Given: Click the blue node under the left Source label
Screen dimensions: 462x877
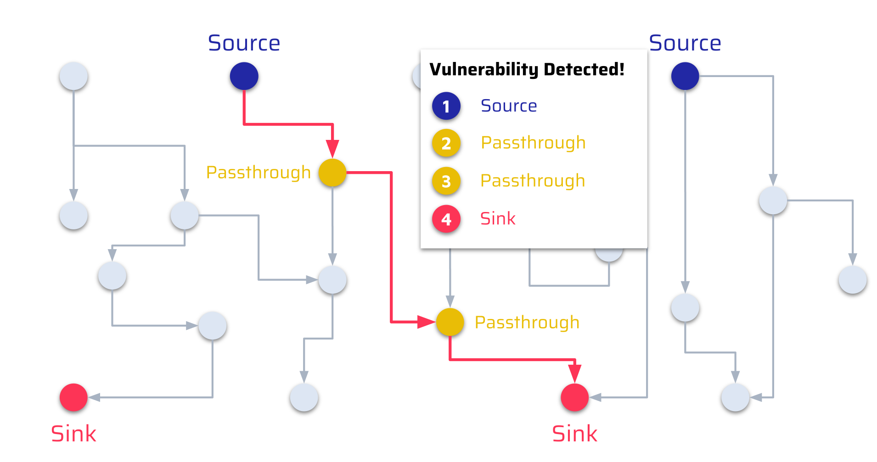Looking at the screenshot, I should pyautogui.click(x=244, y=76).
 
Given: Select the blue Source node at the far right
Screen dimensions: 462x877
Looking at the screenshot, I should pyautogui.click(x=685, y=76).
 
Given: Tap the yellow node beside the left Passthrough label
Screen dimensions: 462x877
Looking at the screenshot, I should pyautogui.click(x=332, y=173).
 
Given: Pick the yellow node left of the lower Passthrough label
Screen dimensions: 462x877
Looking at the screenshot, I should pyautogui.click(x=450, y=322).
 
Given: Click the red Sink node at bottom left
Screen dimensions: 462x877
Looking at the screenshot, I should pyautogui.click(x=73, y=397).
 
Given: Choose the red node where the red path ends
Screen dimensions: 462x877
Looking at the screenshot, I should pyautogui.click(x=574, y=397).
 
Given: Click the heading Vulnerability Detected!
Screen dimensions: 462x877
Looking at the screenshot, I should pyautogui.click(x=527, y=70).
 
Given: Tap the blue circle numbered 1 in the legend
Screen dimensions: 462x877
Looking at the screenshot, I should pyautogui.click(x=446, y=106).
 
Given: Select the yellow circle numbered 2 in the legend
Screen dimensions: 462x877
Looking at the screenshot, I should pyautogui.click(x=446, y=143).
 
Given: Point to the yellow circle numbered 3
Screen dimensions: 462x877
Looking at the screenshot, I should pyautogui.click(x=446, y=181).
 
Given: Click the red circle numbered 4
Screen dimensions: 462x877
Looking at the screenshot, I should pyautogui.click(x=446, y=219).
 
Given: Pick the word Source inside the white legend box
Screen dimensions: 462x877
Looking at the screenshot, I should pyautogui.click(x=509, y=106).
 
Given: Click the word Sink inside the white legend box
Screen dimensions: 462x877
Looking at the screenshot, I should pyautogui.click(x=498, y=219).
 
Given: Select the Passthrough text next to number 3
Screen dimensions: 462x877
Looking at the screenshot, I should pyautogui.click(x=533, y=181).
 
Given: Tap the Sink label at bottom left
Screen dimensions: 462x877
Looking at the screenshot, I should pyautogui.click(x=73, y=434).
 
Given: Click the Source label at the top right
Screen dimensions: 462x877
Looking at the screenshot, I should pyautogui.click(x=685, y=43).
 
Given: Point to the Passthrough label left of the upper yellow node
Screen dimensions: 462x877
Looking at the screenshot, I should pyautogui.click(x=259, y=173).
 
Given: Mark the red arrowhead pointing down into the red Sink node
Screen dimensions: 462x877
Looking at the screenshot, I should pyautogui.click(x=574, y=373).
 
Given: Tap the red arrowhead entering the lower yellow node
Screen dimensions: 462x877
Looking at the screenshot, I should pyautogui.click(x=426, y=322).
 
